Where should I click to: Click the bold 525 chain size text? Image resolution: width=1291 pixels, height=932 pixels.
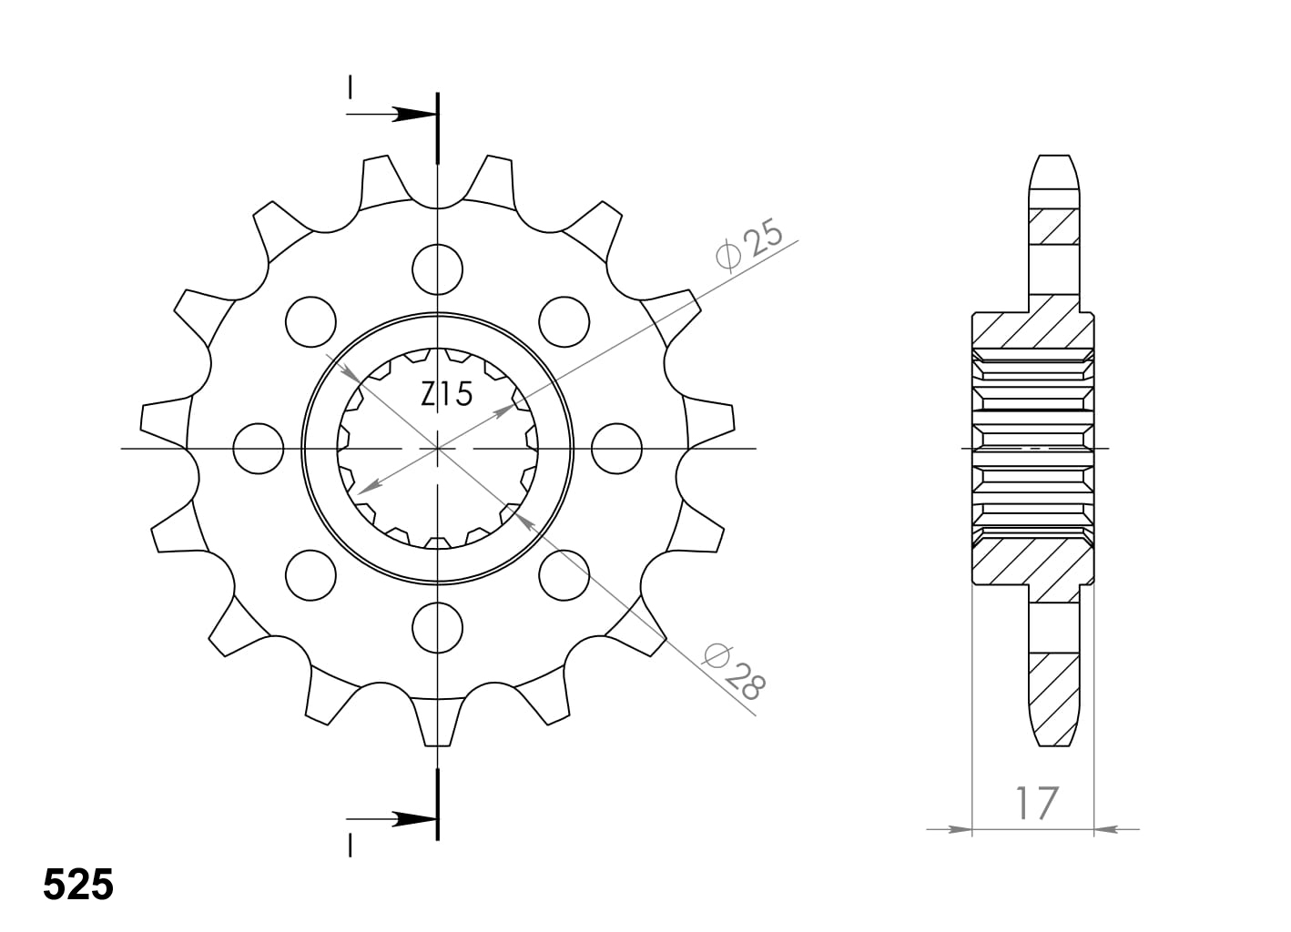(x=78, y=886)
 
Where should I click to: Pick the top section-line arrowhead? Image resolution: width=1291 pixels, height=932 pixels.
(x=414, y=115)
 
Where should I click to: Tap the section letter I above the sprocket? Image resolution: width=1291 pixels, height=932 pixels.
(x=349, y=87)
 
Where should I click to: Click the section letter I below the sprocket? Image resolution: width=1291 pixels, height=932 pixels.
(x=349, y=846)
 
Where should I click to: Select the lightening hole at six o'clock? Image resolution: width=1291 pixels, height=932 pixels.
(x=437, y=627)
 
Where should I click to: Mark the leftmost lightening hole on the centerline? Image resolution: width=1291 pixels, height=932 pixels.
(x=259, y=449)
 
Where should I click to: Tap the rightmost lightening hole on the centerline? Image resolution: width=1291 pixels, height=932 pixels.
(x=616, y=449)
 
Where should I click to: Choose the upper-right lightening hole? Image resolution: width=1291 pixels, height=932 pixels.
(x=564, y=321)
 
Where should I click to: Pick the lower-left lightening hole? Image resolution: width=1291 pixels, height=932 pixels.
(x=310, y=575)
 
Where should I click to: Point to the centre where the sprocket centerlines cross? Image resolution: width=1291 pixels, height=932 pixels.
(x=438, y=449)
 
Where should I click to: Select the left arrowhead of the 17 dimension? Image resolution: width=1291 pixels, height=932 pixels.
(x=960, y=829)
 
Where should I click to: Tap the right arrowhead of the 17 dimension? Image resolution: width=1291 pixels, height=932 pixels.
(x=1105, y=829)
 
